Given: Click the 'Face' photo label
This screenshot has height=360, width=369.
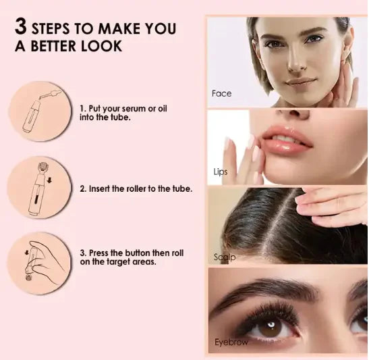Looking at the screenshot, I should click(221, 93).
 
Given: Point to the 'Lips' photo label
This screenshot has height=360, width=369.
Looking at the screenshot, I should click(220, 172).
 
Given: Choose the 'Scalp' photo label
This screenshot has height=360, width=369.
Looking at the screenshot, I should click(225, 257).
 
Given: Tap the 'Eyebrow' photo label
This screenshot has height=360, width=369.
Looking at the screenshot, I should click(231, 342).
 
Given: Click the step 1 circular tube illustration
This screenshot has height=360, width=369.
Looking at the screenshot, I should click(38, 110).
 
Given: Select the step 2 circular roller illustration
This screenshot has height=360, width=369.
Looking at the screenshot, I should click(38, 188).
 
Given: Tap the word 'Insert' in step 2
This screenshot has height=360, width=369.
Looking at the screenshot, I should click(102, 189).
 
